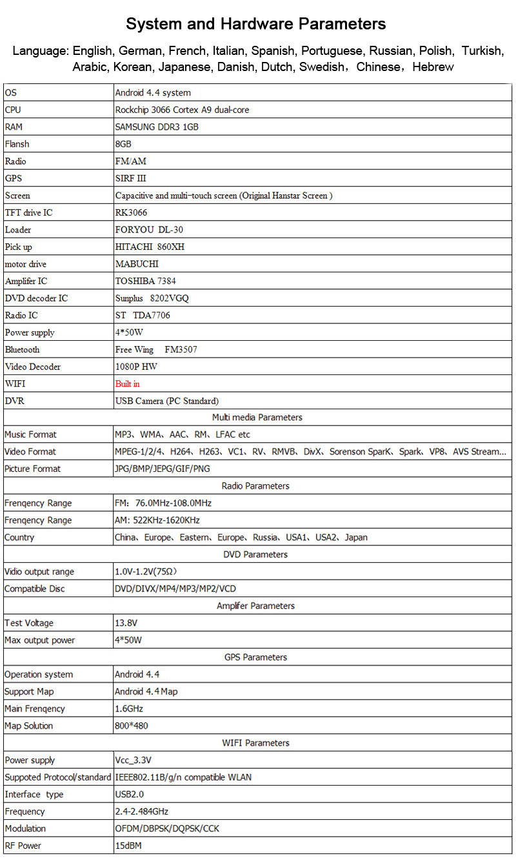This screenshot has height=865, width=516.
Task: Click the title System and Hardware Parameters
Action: click(x=256, y=25)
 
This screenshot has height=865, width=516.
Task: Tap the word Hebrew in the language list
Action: click(x=433, y=66)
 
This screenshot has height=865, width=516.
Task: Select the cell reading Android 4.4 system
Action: click(x=153, y=93)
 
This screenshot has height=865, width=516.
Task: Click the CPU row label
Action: click(x=13, y=110)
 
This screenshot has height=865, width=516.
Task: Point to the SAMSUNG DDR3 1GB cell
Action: click(x=157, y=127)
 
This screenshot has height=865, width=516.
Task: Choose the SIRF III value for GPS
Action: click(x=131, y=178)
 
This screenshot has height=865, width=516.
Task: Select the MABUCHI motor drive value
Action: click(x=137, y=264)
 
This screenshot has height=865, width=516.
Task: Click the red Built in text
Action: click(x=128, y=383)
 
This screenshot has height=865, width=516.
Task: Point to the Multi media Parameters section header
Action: click(x=257, y=418)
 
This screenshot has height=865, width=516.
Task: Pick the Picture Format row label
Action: click(x=32, y=469)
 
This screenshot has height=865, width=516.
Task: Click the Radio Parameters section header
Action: click(x=255, y=486)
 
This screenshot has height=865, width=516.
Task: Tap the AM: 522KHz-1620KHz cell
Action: click(x=157, y=520)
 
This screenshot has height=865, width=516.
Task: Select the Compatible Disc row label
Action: click(x=35, y=589)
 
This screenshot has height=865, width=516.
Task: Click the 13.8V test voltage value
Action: click(x=126, y=623)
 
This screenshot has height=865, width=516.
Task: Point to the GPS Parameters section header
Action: click(x=256, y=657)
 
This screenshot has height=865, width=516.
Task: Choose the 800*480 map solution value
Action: click(x=132, y=726)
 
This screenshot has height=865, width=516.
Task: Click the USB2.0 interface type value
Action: click(x=130, y=794)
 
